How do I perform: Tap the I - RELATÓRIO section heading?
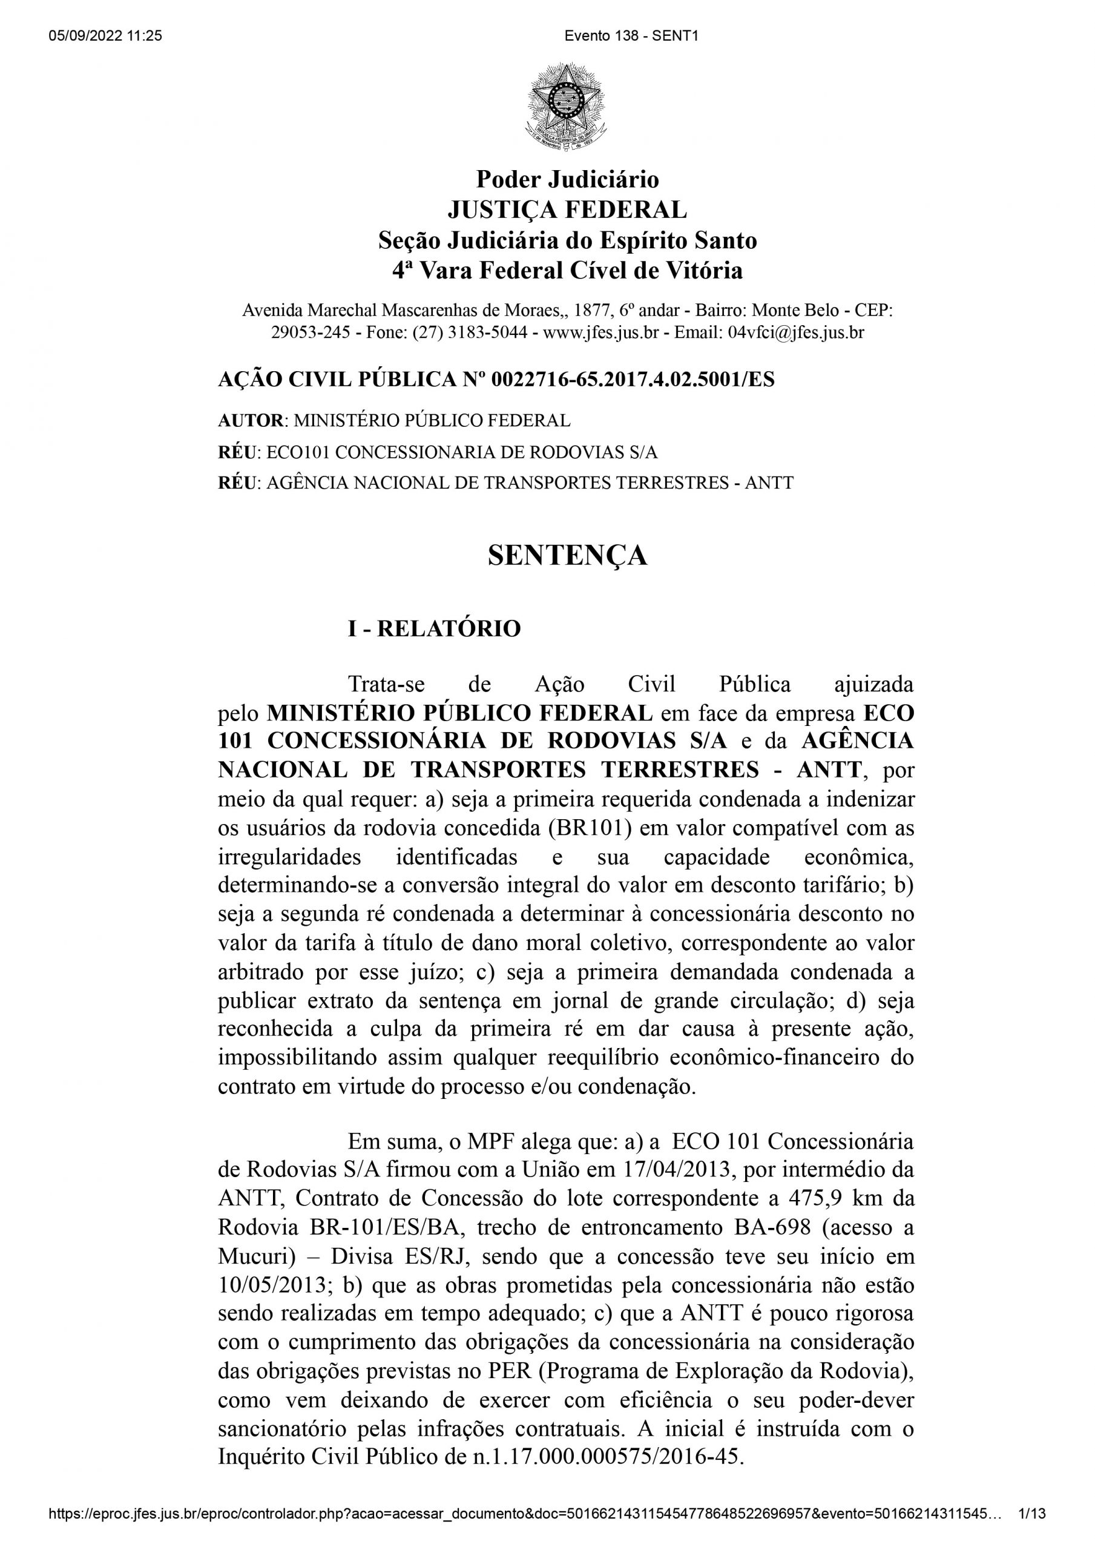click(x=434, y=628)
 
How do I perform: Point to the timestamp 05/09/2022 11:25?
click(x=105, y=36)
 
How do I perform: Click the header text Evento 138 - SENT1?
click(x=631, y=36)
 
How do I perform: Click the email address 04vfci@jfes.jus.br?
click(x=796, y=332)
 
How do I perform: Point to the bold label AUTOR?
click(x=251, y=421)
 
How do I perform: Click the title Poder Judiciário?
click(x=567, y=179)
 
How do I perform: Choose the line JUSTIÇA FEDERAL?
click(x=567, y=210)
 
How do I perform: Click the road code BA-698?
click(x=752, y=1227)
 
